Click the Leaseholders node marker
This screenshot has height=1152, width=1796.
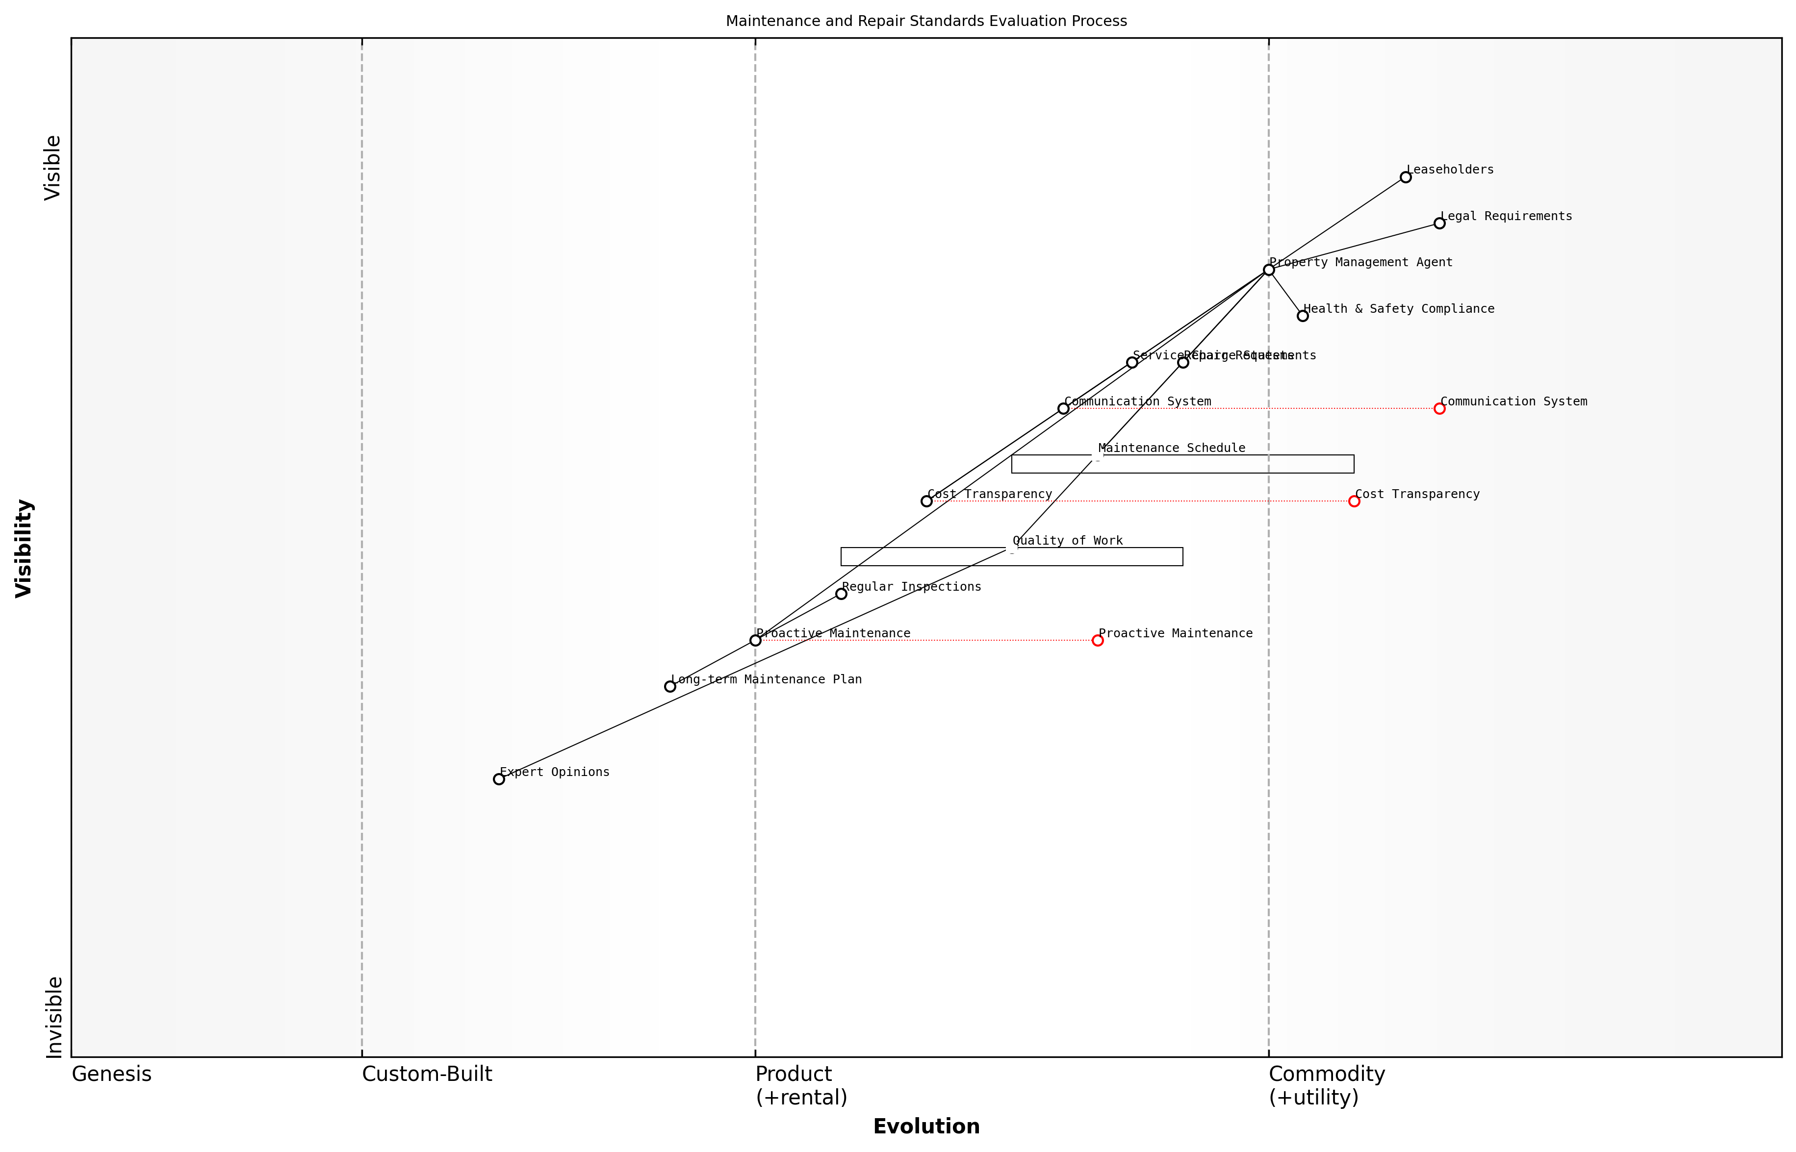[1406, 177]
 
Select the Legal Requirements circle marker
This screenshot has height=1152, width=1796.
[1439, 224]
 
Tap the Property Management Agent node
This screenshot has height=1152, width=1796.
[1268, 270]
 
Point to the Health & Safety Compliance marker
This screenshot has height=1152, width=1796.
[1303, 316]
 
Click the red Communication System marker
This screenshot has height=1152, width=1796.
[1439, 408]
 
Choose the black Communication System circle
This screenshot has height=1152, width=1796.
[1063, 408]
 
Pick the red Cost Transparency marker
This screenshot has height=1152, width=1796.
[1354, 501]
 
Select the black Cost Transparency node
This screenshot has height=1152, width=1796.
[926, 501]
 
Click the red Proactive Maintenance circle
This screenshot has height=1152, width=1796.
[1098, 640]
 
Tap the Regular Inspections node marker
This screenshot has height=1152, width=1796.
[841, 594]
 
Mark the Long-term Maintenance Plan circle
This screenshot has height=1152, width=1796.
[670, 687]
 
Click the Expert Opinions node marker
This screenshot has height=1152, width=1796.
[499, 779]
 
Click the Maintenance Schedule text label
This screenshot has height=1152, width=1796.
[1171, 448]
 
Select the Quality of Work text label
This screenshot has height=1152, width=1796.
[1067, 541]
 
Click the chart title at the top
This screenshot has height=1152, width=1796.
[926, 21]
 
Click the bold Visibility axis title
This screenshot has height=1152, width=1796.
[24, 549]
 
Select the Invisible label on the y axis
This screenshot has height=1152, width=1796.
[54, 1017]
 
